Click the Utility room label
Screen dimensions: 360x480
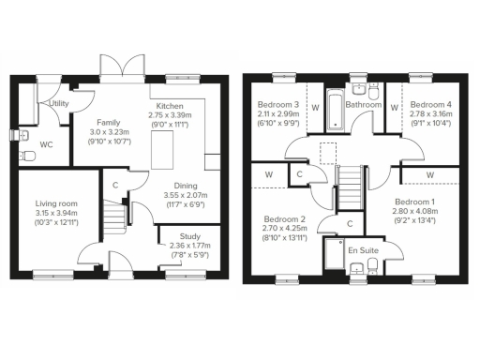tap(60, 103)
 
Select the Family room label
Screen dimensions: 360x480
tap(109, 123)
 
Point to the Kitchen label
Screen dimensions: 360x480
tap(169, 106)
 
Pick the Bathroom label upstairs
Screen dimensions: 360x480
tap(363, 106)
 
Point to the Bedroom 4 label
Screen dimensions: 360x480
tap(432, 105)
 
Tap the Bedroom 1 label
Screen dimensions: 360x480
tap(413, 202)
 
